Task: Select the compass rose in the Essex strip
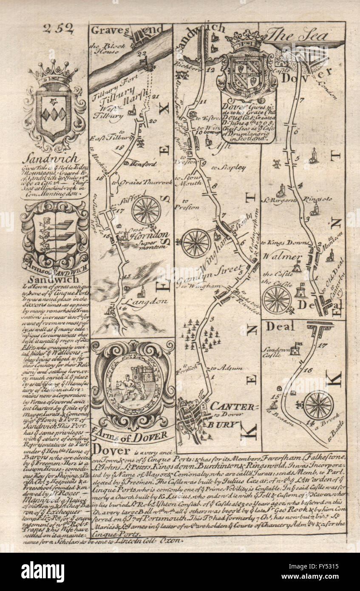pyautogui.click(x=146, y=210)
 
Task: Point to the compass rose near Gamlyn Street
pyautogui.click(x=196, y=243)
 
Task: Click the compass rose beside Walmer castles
pyautogui.click(x=277, y=299)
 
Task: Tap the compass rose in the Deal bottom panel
pyautogui.click(x=318, y=405)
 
